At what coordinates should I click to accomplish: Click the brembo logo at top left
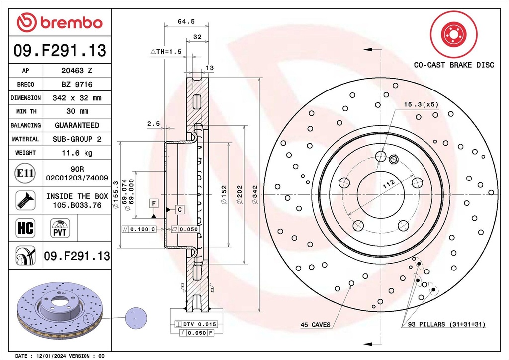(x=60, y=22)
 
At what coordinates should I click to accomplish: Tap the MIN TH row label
(x=25, y=111)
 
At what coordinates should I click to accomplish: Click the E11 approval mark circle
(x=25, y=173)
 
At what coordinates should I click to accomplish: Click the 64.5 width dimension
(x=186, y=21)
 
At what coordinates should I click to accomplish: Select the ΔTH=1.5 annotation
(x=166, y=52)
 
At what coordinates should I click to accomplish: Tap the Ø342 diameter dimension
(x=254, y=195)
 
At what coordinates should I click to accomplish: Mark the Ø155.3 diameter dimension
(x=116, y=195)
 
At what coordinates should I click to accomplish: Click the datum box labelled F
(x=154, y=203)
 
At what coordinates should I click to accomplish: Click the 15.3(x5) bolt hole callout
(x=421, y=104)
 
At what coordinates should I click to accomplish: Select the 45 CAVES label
(x=315, y=325)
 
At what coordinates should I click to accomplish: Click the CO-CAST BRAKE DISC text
(x=454, y=65)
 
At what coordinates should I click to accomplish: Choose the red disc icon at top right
(x=453, y=34)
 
